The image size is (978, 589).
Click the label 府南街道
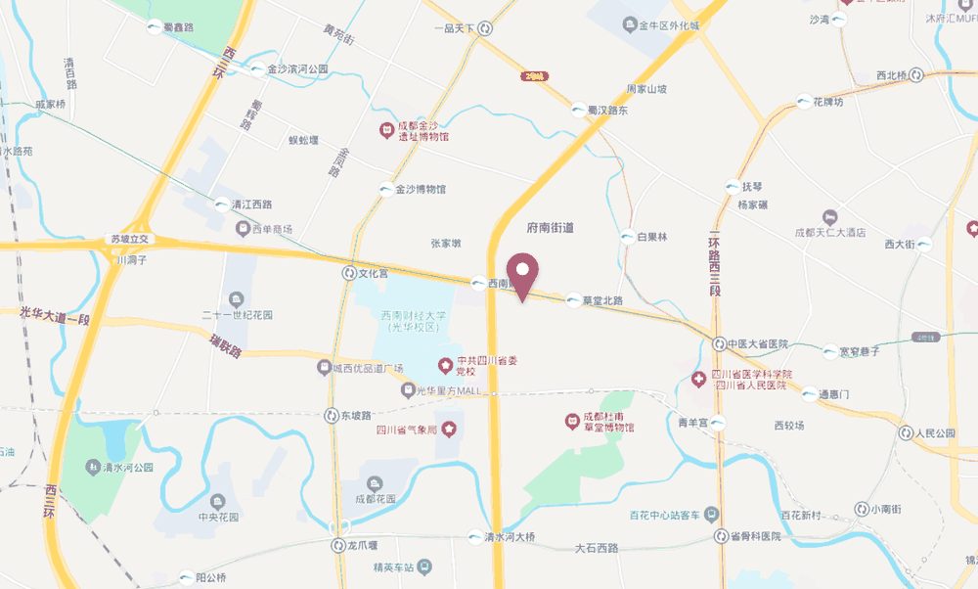pyautogui.click(x=550, y=228)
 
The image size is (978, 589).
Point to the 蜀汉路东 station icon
pyautogui.click(x=579, y=111)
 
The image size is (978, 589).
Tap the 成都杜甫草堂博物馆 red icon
pyautogui.click(x=572, y=422)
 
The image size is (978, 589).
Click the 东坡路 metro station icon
pyautogui.click(x=332, y=415)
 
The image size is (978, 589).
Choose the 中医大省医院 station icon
pyautogui.click(x=719, y=344)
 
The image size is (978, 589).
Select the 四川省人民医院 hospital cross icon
pyautogui.click(x=700, y=379)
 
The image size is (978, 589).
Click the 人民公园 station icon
pyautogui.click(x=906, y=432)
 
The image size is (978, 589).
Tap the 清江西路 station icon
pyautogui.click(x=222, y=204)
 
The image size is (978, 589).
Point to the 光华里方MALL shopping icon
pyautogui.click(x=408, y=390)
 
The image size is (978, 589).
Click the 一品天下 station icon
pyautogui.click(x=485, y=28)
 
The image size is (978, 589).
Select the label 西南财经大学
pyautogui.click(x=414, y=316)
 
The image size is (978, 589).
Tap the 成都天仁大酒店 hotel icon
pyautogui.click(x=829, y=215)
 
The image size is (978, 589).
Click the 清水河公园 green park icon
pyautogui.click(x=94, y=467)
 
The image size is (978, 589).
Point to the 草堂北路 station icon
pyautogui.click(x=572, y=300)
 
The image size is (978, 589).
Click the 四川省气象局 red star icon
pyautogui.click(x=447, y=429)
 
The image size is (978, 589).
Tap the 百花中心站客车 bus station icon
pyautogui.click(x=711, y=514)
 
